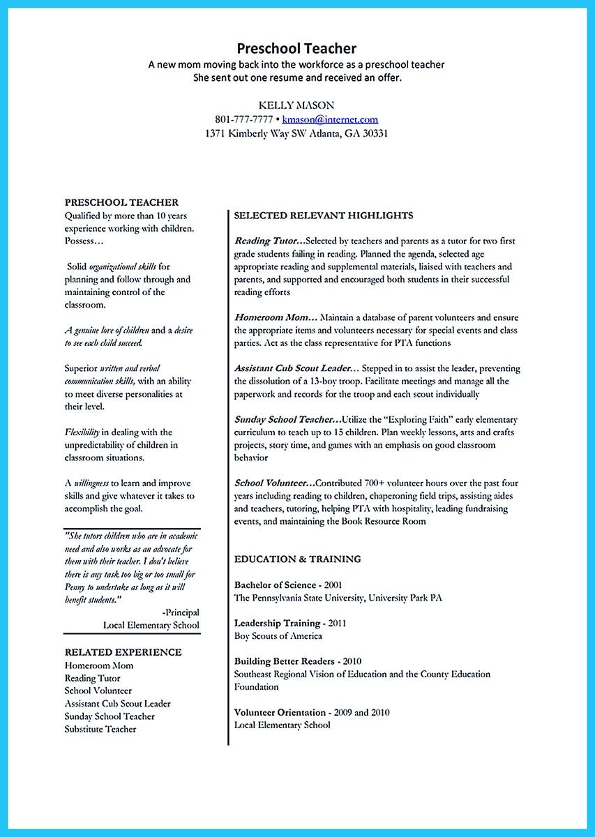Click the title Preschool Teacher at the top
click(x=296, y=48)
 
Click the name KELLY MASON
click(x=296, y=105)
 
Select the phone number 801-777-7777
click(x=244, y=119)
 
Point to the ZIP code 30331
click(x=374, y=133)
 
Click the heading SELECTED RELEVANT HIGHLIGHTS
click(x=324, y=216)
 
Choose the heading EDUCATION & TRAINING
click(x=297, y=559)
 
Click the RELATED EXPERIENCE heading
click(x=123, y=652)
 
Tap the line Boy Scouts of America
click(x=278, y=635)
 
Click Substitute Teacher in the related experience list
click(x=100, y=729)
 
